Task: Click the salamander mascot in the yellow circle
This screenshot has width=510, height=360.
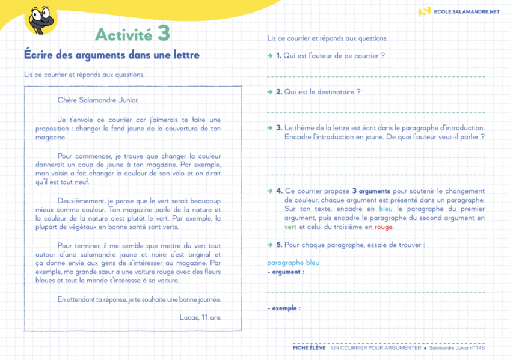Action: click(x=40, y=18)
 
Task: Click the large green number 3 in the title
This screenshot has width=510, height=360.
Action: click(x=164, y=34)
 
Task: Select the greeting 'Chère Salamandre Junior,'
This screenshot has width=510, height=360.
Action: click(x=98, y=100)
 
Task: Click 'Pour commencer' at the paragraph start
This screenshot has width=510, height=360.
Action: click(x=81, y=154)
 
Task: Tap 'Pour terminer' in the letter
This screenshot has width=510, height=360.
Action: click(x=79, y=245)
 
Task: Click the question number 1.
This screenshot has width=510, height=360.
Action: click(x=279, y=56)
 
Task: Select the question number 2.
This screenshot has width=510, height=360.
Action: click(x=279, y=92)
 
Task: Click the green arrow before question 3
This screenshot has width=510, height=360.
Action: click(x=270, y=128)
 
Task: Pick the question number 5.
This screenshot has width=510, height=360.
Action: click(x=279, y=245)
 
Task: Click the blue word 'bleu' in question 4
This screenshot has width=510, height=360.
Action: click(x=386, y=209)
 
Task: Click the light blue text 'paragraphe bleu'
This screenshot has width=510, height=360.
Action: click(x=293, y=263)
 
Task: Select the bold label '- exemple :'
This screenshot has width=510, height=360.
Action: click(x=284, y=308)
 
